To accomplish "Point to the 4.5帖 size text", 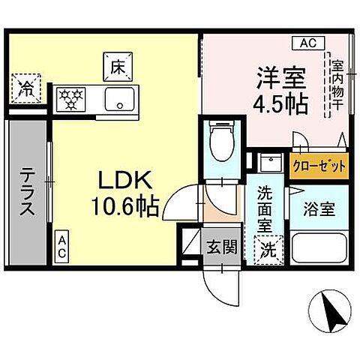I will point(279,104).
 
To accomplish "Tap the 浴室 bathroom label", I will point(319,209).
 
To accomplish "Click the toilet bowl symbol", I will point(221,142).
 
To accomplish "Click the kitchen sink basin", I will point(118,98).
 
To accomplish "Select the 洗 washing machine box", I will point(268,250).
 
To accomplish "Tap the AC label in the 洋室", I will point(309,43).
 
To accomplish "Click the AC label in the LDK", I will point(62,245).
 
